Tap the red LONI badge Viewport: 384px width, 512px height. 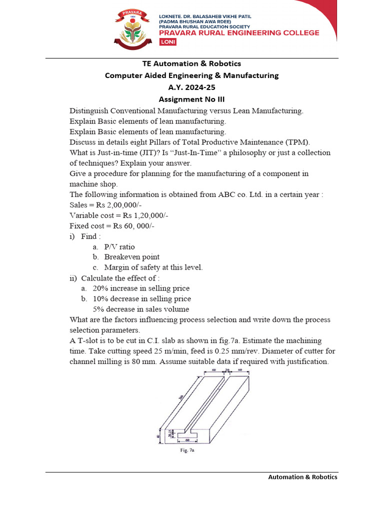[167, 42]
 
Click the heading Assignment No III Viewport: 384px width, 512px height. [191, 99]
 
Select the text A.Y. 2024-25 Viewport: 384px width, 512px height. [191, 87]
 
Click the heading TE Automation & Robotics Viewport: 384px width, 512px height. [191, 63]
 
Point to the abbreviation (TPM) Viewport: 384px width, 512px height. [298, 142]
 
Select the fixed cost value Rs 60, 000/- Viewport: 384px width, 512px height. [134, 226]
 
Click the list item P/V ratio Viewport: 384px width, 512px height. [119, 247]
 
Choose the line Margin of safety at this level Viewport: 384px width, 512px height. [153, 267]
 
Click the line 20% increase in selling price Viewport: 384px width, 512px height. [141, 288]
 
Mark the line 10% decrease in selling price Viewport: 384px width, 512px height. [141, 299]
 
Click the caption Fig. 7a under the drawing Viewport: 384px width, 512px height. [187, 450]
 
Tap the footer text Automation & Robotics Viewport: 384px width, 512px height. [302, 477]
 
